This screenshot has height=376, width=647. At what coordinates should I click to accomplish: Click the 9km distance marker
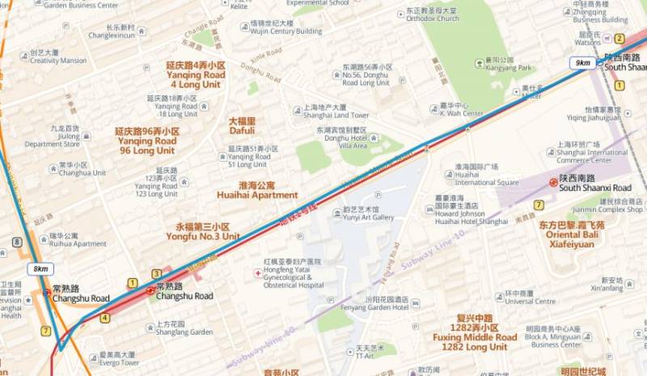coord(581,62)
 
